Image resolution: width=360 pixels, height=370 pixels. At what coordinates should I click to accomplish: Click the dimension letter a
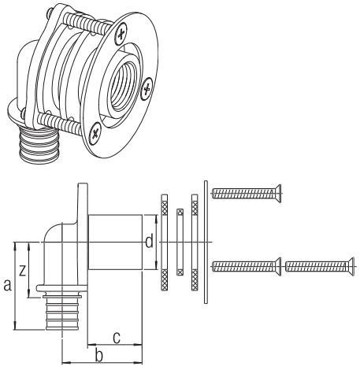tap(8, 286)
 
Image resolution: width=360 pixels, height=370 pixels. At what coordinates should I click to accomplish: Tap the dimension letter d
tap(149, 242)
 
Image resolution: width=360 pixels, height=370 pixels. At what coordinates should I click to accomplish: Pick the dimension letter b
tap(98, 357)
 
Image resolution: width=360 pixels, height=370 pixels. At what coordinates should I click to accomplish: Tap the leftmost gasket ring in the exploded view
tap(163, 241)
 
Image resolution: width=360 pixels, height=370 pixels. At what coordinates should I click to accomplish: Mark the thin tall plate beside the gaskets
tap(206, 240)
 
